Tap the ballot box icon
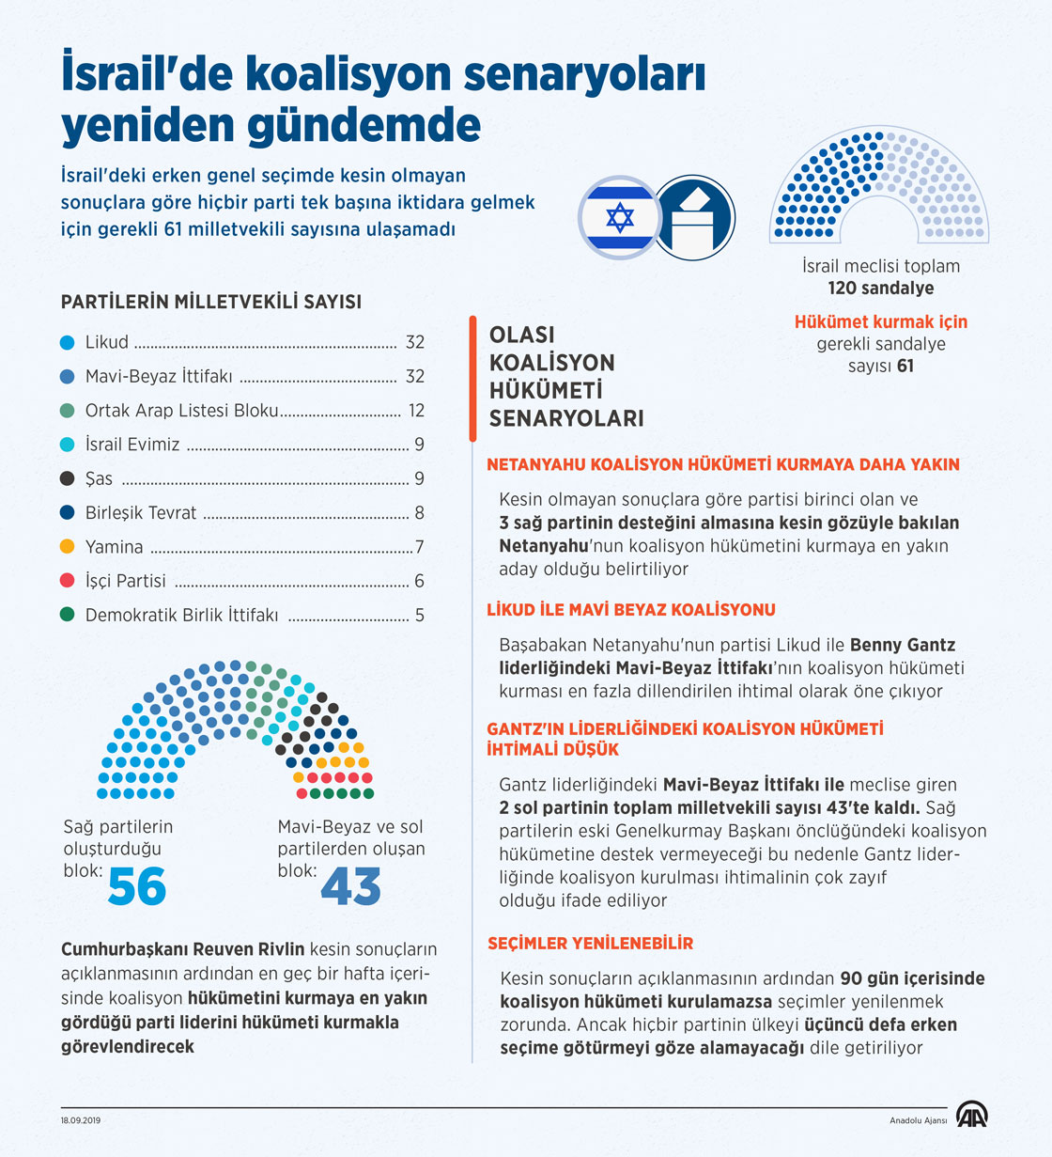pos(694,218)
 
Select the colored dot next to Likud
pos(67,342)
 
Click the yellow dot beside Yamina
pos(67,546)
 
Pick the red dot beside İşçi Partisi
pos(67,580)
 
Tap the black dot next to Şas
pos(67,478)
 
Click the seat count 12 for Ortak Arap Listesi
pos(415,411)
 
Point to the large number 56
pos(137,886)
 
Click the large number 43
pos(351,886)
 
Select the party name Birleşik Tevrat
pos(141,513)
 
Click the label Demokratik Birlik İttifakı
pos(181,616)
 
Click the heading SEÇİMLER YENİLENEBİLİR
pos(590,943)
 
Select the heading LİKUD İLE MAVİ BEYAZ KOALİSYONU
pos(631,609)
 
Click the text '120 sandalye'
pos(880,289)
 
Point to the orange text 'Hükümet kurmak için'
pos(880,321)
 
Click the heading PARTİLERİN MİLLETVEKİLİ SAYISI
pos(211,302)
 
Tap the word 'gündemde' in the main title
pos(365,125)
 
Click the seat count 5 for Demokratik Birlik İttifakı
pos(420,616)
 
